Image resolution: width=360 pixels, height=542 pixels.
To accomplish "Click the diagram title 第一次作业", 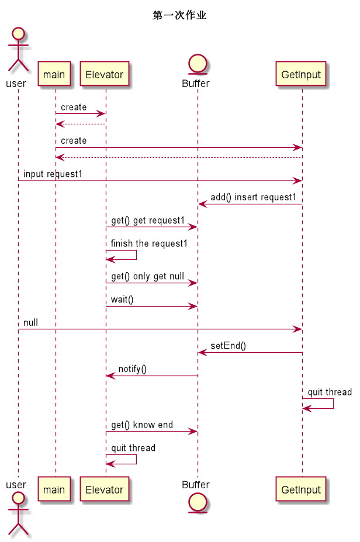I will pos(179,16).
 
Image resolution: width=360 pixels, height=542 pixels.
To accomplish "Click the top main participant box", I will pos(54,74).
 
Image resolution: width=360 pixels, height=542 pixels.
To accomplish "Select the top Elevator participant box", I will pos(104,74).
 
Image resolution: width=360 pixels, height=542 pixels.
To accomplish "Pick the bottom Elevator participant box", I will pos(104,490).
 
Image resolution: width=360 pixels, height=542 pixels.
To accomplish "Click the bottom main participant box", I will pos(54,490).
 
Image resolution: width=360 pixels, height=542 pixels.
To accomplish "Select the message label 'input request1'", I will pos(53,174).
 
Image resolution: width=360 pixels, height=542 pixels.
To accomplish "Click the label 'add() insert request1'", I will pos(253,197).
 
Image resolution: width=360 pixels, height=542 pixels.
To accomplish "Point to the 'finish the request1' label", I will pos(149,244).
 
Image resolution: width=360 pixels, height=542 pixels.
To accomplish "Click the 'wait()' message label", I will pos(122,300).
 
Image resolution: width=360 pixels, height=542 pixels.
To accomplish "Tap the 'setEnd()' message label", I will pos(228,346).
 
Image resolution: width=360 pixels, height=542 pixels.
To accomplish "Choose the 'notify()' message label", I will pos(132,369).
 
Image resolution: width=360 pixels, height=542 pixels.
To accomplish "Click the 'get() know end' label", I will pos(142,425).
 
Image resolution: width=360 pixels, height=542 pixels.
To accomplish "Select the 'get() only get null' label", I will pos(147,276).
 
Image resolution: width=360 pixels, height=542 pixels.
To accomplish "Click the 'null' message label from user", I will pos(30,323).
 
